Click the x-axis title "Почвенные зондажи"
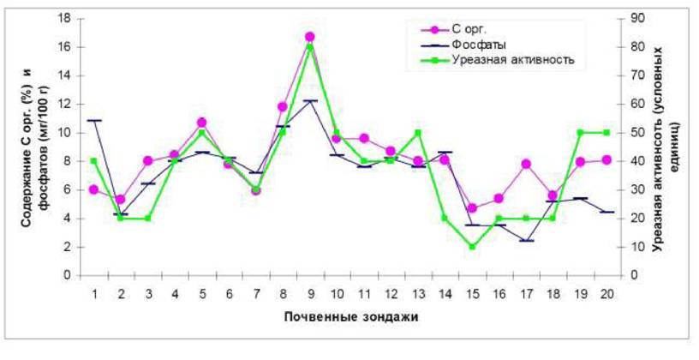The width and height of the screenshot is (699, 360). pos(350,316)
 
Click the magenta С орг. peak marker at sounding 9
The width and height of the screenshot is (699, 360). pos(310,37)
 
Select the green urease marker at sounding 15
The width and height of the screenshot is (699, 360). pos(472,247)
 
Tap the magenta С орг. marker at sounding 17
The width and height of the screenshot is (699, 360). pos(526,164)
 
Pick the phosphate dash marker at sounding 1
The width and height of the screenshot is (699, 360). pos(93,121)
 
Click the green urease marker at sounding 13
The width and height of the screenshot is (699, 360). pos(418,133)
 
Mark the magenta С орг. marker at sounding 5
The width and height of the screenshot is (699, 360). pos(201,123)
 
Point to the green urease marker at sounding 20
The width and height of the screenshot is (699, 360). pos(607,133)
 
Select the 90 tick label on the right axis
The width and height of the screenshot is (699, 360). pos(634,18)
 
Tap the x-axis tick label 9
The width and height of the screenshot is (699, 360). pos(310,292)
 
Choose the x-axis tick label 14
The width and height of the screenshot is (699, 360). pos(445,292)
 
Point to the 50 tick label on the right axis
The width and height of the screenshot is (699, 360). pos(634,133)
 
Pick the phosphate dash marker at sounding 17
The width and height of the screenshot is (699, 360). pos(526,241)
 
